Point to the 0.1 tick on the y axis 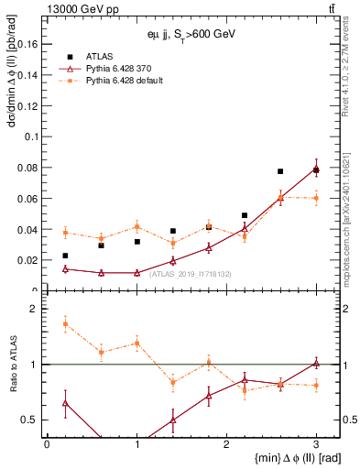click(32, 136)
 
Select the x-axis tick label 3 click(316, 443)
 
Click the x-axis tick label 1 click(136, 443)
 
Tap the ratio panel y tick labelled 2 click(34, 309)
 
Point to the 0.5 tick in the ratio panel click(30, 420)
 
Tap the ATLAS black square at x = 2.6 click(280, 171)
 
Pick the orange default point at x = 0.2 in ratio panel click(65, 323)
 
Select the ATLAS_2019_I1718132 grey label click(191, 273)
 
